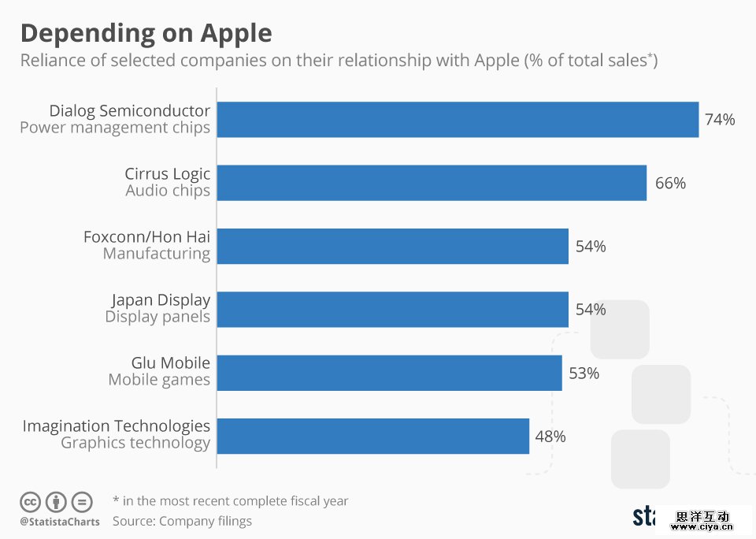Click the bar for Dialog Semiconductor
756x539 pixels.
[458, 120]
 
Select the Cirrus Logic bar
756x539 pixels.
[432, 183]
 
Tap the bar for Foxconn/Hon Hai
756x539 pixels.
[392, 246]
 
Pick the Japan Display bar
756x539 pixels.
[392, 309]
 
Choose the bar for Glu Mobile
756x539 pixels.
[389, 372]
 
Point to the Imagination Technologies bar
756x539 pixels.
[372, 436]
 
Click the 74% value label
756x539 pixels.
[720, 120]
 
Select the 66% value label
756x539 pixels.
[670, 183]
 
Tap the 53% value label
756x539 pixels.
[584, 373]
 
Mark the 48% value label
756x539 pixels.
[550, 436]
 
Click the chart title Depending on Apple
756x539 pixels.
[146, 33]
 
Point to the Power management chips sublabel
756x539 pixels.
[115, 128]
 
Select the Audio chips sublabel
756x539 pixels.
[168, 191]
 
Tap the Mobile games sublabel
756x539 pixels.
[159, 380]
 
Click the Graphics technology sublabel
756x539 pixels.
[135, 443]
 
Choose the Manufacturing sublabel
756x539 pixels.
[157, 254]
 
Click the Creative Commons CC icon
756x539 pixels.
[30, 501]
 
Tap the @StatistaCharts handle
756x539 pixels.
[60, 522]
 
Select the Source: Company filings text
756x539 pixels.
[182, 521]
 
